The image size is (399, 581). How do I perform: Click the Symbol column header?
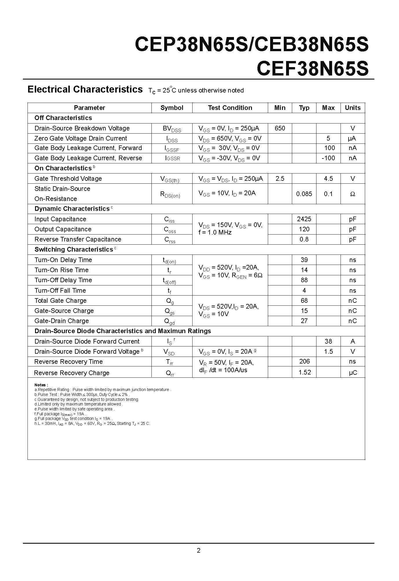tap(172, 108)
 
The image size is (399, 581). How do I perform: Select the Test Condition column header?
tap(230, 108)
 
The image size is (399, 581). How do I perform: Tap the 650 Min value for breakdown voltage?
tap(280, 128)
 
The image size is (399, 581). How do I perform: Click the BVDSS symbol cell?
tap(172, 129)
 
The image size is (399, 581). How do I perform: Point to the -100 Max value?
tap(328, 158)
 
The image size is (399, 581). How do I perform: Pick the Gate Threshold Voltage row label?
tap(68, 179)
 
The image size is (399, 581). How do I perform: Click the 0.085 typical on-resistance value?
tap(304, 194)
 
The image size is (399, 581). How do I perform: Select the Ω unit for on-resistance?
tap(352, 194)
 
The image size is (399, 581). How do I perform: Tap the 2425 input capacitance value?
tap(304, 219)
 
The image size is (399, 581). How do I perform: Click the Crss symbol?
tap(170, 240)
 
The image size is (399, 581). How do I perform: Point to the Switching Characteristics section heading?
tap(74, 250)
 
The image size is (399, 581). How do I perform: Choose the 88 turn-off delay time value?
tap(304, 280)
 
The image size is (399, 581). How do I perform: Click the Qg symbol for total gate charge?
tap(170, 301)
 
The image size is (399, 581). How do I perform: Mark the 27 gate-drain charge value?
tap(304, 321)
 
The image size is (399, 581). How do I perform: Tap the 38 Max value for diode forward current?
tap(328, 342)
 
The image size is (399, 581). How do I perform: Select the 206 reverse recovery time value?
tap(304, 361)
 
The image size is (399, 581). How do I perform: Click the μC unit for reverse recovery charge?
tap(353, 373)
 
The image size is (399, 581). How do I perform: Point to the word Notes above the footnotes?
tap(41, 385)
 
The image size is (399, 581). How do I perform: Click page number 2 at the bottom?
tap(199, 551)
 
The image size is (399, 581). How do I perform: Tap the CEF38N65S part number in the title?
tap(312, 69)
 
